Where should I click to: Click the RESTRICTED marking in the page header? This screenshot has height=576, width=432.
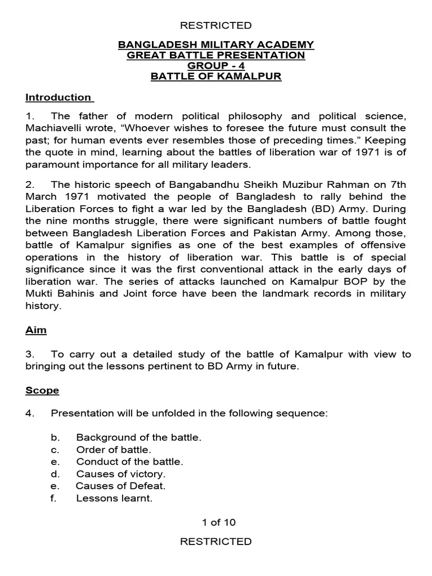point(215,25)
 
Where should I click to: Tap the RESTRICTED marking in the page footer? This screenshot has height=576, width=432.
point(215,542)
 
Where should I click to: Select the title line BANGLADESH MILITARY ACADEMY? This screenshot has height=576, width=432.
point(215,45)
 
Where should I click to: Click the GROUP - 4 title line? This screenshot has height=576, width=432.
point(215,66)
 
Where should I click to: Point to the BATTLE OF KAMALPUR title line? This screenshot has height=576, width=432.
point(215,76)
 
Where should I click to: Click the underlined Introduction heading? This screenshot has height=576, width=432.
point(58,97)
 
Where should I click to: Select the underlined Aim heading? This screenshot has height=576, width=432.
point(36,331)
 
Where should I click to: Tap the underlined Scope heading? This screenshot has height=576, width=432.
point(42,390)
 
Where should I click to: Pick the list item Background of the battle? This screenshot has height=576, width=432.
point(138,437)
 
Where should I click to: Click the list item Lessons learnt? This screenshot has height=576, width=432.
point(114,498)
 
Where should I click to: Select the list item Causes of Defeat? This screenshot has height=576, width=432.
point(120,486)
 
